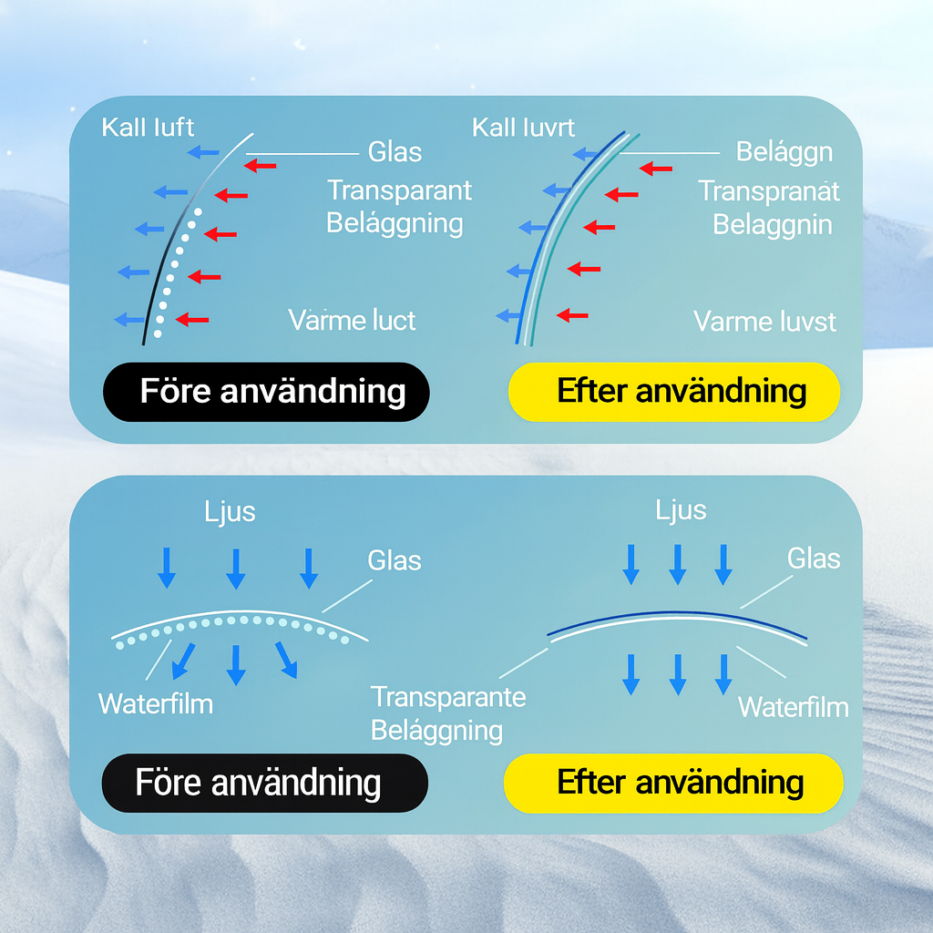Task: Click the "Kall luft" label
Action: [x=148, y=127]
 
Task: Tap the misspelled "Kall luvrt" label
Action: [x=523, y=127]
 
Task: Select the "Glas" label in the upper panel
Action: [x=395, y=151]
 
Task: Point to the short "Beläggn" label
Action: [x=784, y=151]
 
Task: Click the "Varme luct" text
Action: [x=352, y=321]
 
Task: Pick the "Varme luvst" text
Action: [x=764, y=322]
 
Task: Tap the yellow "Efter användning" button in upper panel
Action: [x=673, y=392]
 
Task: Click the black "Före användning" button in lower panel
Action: [x=264, y=783]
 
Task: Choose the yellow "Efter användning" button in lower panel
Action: [x=673, y=783]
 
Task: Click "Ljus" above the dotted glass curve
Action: [x=230, y=512]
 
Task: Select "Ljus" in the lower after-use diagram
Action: [x=681, y=509]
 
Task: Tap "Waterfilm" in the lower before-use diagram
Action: [x=156, y=703]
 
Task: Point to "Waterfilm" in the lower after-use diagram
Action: [x=793, y=707]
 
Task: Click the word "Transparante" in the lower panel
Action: [x=448, y=697]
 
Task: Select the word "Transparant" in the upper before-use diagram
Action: [x=399, y=190]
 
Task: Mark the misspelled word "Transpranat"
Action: [x=769, y=191]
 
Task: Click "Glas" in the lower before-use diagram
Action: [x=395, y=559]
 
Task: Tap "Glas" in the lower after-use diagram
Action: [x=813, y=558]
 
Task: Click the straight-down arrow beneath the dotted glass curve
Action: [x=236, y=664]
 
